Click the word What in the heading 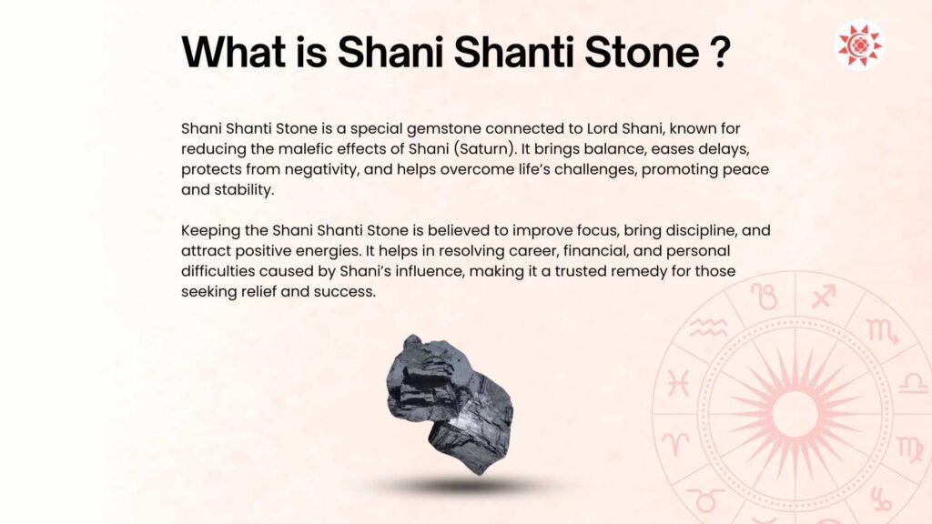tap(234, 52)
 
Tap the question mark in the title tap(720, 52)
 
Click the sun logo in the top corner tap(859, 45)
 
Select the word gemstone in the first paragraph tap(443, 129)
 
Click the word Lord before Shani tap(603, 128)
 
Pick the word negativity tap(321, 170)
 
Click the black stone tap(450, 404)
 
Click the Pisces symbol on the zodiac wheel tap(678, 383)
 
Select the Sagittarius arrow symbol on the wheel tap(824, 297)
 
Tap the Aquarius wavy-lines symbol tap(708, 327)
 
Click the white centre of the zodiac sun tap(795, 413)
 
